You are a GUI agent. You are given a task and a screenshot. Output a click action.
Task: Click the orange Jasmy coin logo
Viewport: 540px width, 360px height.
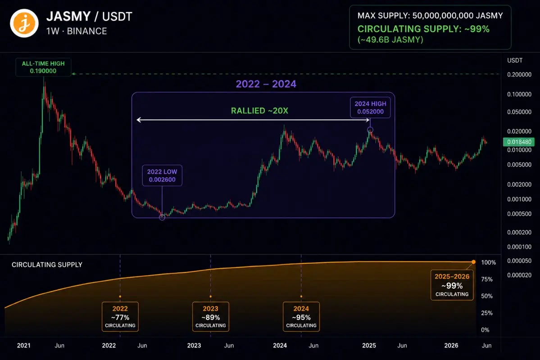click(x=24, y=23)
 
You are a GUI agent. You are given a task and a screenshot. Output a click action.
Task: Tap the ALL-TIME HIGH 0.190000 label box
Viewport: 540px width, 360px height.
click(x=43, y=67)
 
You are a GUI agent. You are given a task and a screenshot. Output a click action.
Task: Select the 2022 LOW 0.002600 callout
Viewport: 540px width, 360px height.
click(x=162, y=175)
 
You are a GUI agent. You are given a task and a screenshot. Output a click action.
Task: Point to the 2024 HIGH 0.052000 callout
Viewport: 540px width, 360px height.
click(x=370, y=108)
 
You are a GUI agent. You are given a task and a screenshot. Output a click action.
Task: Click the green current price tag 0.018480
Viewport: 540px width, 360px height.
click(x=519, y=142)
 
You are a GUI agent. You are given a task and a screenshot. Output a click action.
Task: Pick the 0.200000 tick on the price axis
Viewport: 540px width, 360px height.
click(x=519, y=74)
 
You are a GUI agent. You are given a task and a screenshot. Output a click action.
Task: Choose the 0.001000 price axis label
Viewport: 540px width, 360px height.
click(x=519, y=199)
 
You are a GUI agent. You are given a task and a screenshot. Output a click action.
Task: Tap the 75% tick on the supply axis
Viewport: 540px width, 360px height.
click(x=486, y=279)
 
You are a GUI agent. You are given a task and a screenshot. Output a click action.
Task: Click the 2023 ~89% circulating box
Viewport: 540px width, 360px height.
click(x=210, y=317)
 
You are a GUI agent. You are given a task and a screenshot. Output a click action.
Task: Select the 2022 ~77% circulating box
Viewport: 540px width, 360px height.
click(x=120, y=317)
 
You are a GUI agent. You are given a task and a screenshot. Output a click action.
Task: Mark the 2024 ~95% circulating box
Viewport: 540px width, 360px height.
click(x=301, y=317)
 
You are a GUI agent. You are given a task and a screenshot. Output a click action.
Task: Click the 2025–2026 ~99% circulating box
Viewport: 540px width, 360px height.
click(x=452, y=285)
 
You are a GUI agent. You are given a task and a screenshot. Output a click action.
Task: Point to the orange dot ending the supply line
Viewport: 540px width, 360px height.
click(x=473, y=262)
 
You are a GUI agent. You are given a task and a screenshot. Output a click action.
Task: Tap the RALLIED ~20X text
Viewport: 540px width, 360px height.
click(x=259, y=111)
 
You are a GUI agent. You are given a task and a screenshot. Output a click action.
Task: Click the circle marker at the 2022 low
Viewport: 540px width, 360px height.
click(x=162, y=217)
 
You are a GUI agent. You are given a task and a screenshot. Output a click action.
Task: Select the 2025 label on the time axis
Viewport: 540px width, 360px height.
click(x=369, y=345)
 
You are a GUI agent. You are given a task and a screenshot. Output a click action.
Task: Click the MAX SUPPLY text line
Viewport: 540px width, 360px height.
click(x=430, y=15)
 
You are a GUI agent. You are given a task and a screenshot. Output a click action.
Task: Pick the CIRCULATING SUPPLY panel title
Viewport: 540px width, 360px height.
click(x=47, y=265)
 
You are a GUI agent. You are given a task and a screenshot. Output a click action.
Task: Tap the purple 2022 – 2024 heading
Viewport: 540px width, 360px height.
click(x=266, y=84)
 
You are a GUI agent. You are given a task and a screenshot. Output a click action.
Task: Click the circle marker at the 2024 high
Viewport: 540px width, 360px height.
click(x=370, y=130)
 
